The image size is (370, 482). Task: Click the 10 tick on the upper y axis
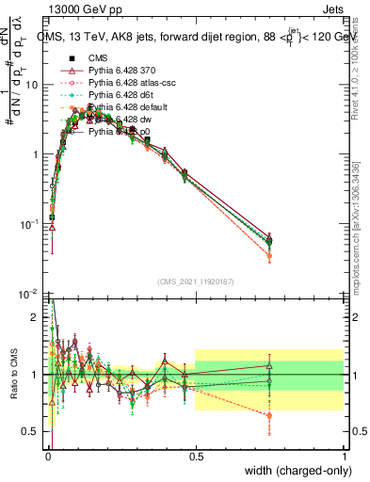32,85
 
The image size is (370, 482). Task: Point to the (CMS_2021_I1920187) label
195,281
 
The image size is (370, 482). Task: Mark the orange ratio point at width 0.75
269,415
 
